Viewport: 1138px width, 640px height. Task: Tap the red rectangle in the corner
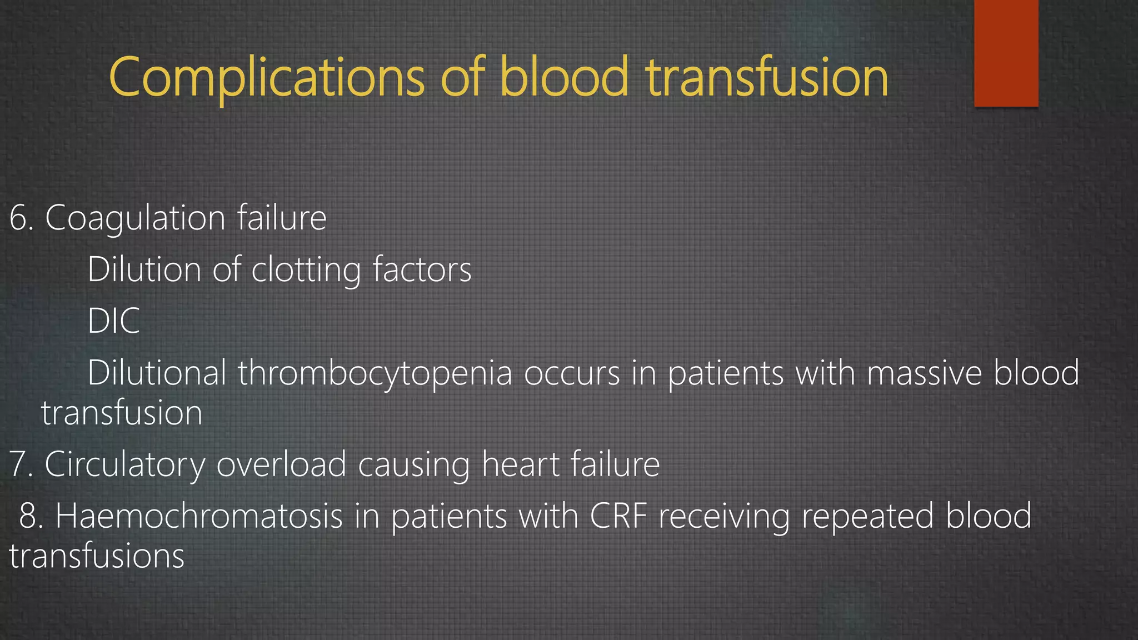point(1006,53)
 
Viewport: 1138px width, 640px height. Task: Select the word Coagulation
point(135,218)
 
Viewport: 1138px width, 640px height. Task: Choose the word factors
point(422,270)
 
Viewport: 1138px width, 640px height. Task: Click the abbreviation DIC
point(113,321)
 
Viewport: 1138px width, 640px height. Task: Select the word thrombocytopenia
point(375,372)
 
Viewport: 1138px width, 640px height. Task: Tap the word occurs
point(572,373)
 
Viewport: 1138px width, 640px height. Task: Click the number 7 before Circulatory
point(18,464)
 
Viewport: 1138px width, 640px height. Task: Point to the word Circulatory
point(124,464)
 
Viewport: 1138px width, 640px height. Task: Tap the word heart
point(520,464)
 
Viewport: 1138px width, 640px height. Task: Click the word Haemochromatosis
point(199,516)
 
